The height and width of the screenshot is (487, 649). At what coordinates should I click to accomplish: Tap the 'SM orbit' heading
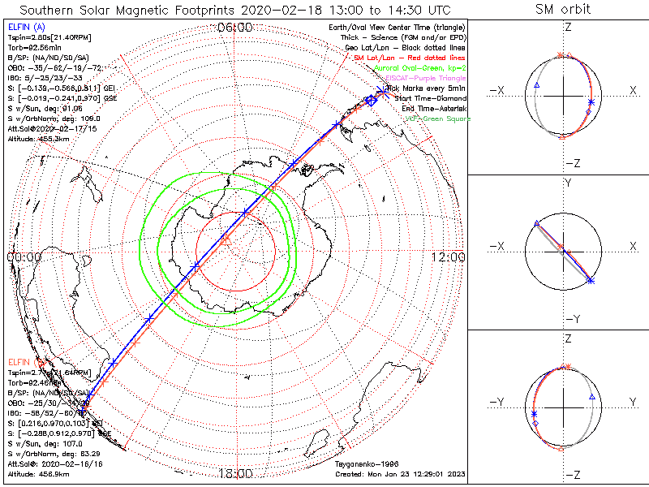tap(563, 10)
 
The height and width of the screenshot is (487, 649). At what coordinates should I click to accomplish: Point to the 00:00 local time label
tap(24, 257)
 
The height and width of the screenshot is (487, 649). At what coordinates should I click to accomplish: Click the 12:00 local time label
tap(448, 257)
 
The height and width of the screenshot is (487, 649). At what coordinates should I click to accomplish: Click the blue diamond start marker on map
tap(371, 100)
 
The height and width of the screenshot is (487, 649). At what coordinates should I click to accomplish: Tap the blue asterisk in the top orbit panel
tap(591, 101)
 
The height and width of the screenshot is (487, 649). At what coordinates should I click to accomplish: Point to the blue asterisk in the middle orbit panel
tap(591, 280)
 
